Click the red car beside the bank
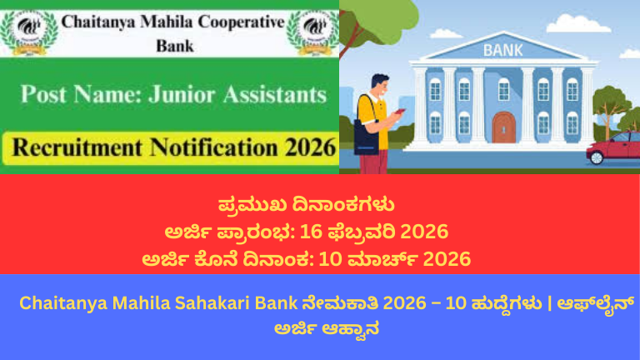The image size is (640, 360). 614,151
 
